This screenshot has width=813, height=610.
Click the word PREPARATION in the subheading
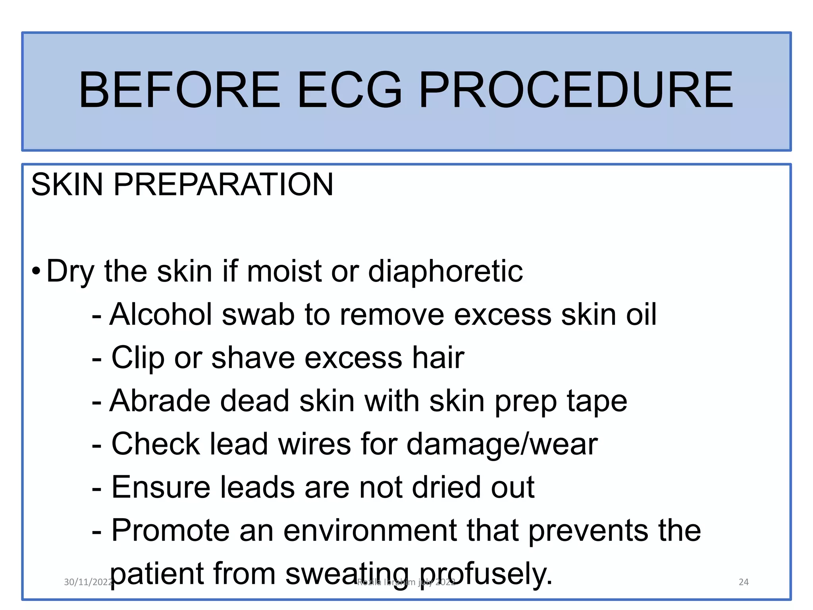coord(223,184)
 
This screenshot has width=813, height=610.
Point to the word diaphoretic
coord(445,272)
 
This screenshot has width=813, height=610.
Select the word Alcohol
coord(161,315)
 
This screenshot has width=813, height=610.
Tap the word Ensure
coord(161,487)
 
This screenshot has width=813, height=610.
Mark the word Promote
coord(171,531)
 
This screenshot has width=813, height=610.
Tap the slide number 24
coord(744,582)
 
